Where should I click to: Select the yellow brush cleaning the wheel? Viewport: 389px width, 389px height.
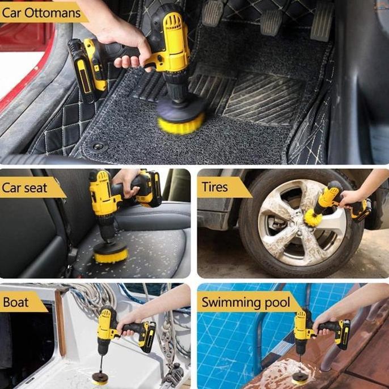point(312,217)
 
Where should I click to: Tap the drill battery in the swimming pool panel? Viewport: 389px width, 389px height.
point(343,334)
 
